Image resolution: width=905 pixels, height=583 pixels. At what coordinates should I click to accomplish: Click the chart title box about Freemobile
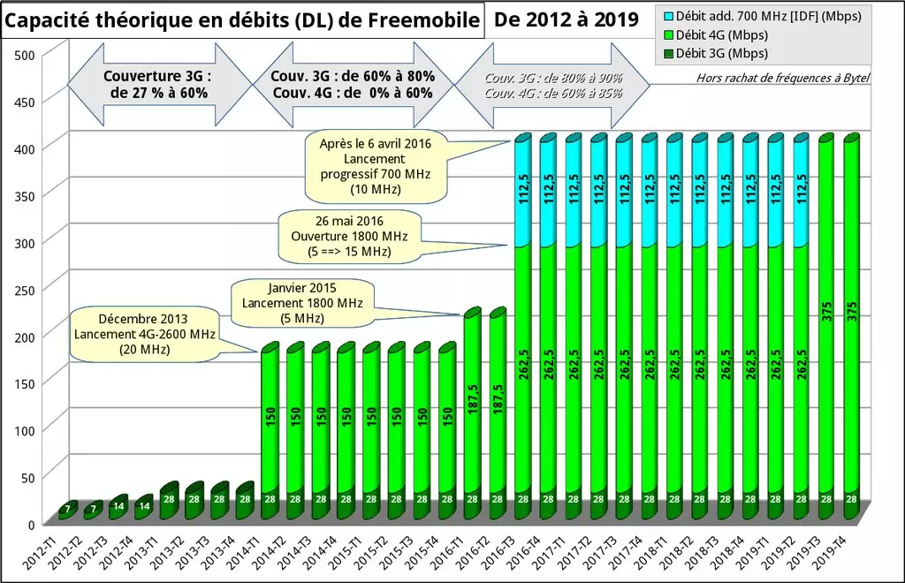coord(243,20)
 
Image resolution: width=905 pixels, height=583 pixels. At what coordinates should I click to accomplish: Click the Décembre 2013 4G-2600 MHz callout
coord(143,334)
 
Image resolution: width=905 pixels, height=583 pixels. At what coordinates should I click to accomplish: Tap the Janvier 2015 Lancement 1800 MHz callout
coord(300,301)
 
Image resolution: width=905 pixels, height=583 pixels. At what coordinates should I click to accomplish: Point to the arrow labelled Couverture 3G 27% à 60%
coord(158,84)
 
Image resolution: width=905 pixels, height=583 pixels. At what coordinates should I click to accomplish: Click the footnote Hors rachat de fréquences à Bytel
coord(782,78)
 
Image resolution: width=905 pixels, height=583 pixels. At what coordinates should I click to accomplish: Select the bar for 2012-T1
coord(67,510)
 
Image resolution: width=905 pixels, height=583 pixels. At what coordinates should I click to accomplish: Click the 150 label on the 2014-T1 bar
coord(270,415)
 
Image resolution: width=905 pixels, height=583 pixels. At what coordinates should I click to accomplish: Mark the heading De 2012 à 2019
coord(567,19)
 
